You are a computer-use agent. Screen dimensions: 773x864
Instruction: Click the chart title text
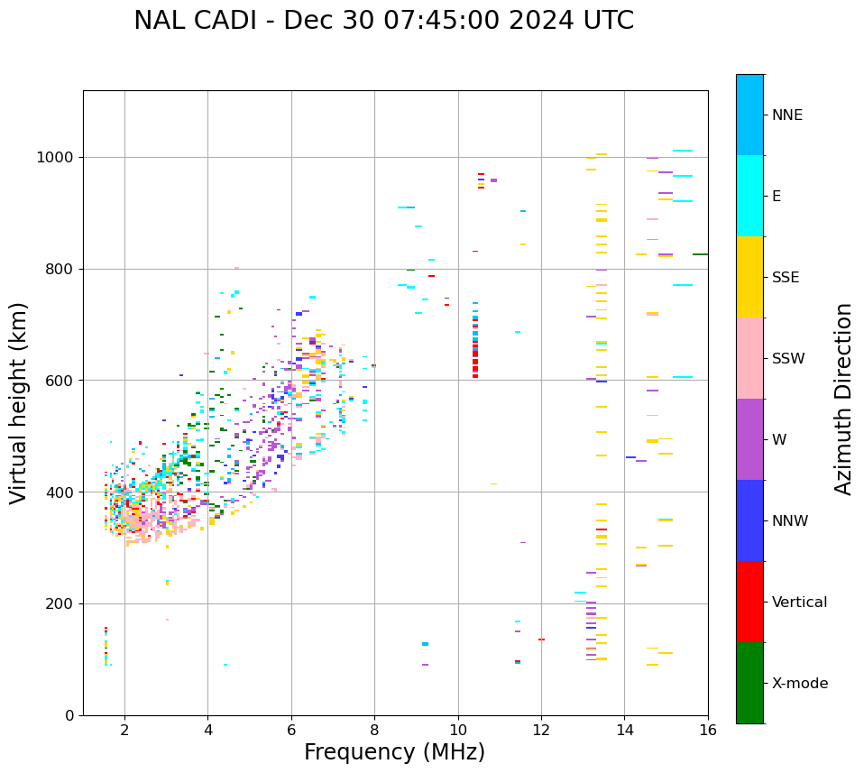pos(383,21)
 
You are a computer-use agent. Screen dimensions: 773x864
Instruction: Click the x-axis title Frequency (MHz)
pos(394,752)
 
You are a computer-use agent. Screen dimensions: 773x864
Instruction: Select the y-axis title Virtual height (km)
pos(19,403)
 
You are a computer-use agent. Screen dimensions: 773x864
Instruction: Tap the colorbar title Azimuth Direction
pos(843,399)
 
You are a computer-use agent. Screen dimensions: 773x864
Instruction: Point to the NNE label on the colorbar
pos(786,115)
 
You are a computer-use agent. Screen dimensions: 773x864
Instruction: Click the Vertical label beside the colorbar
pos(798,603)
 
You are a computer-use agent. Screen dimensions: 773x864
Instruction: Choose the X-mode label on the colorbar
pos(799,684)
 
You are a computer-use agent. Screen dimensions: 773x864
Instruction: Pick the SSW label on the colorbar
pos(787,359)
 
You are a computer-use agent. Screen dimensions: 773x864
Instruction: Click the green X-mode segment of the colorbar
pos(749,683)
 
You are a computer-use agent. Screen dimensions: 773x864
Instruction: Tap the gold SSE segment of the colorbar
pos(749,277)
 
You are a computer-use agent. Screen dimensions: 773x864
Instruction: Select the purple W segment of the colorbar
pos(749,439)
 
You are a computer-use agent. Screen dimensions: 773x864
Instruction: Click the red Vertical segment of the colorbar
pos(749,602)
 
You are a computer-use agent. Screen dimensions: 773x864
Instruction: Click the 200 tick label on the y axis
pos(60,604)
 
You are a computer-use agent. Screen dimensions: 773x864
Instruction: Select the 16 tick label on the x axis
pos(708,730)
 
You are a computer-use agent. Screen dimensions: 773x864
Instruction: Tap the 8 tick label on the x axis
pos(374,730)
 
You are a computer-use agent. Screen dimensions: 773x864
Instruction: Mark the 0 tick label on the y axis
pos(69,715)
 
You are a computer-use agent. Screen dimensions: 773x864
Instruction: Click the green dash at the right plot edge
pos(700,254)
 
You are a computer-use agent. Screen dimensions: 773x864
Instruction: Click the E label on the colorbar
pos(777,197)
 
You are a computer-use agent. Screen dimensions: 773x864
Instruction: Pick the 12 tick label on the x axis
pos(541,730)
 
